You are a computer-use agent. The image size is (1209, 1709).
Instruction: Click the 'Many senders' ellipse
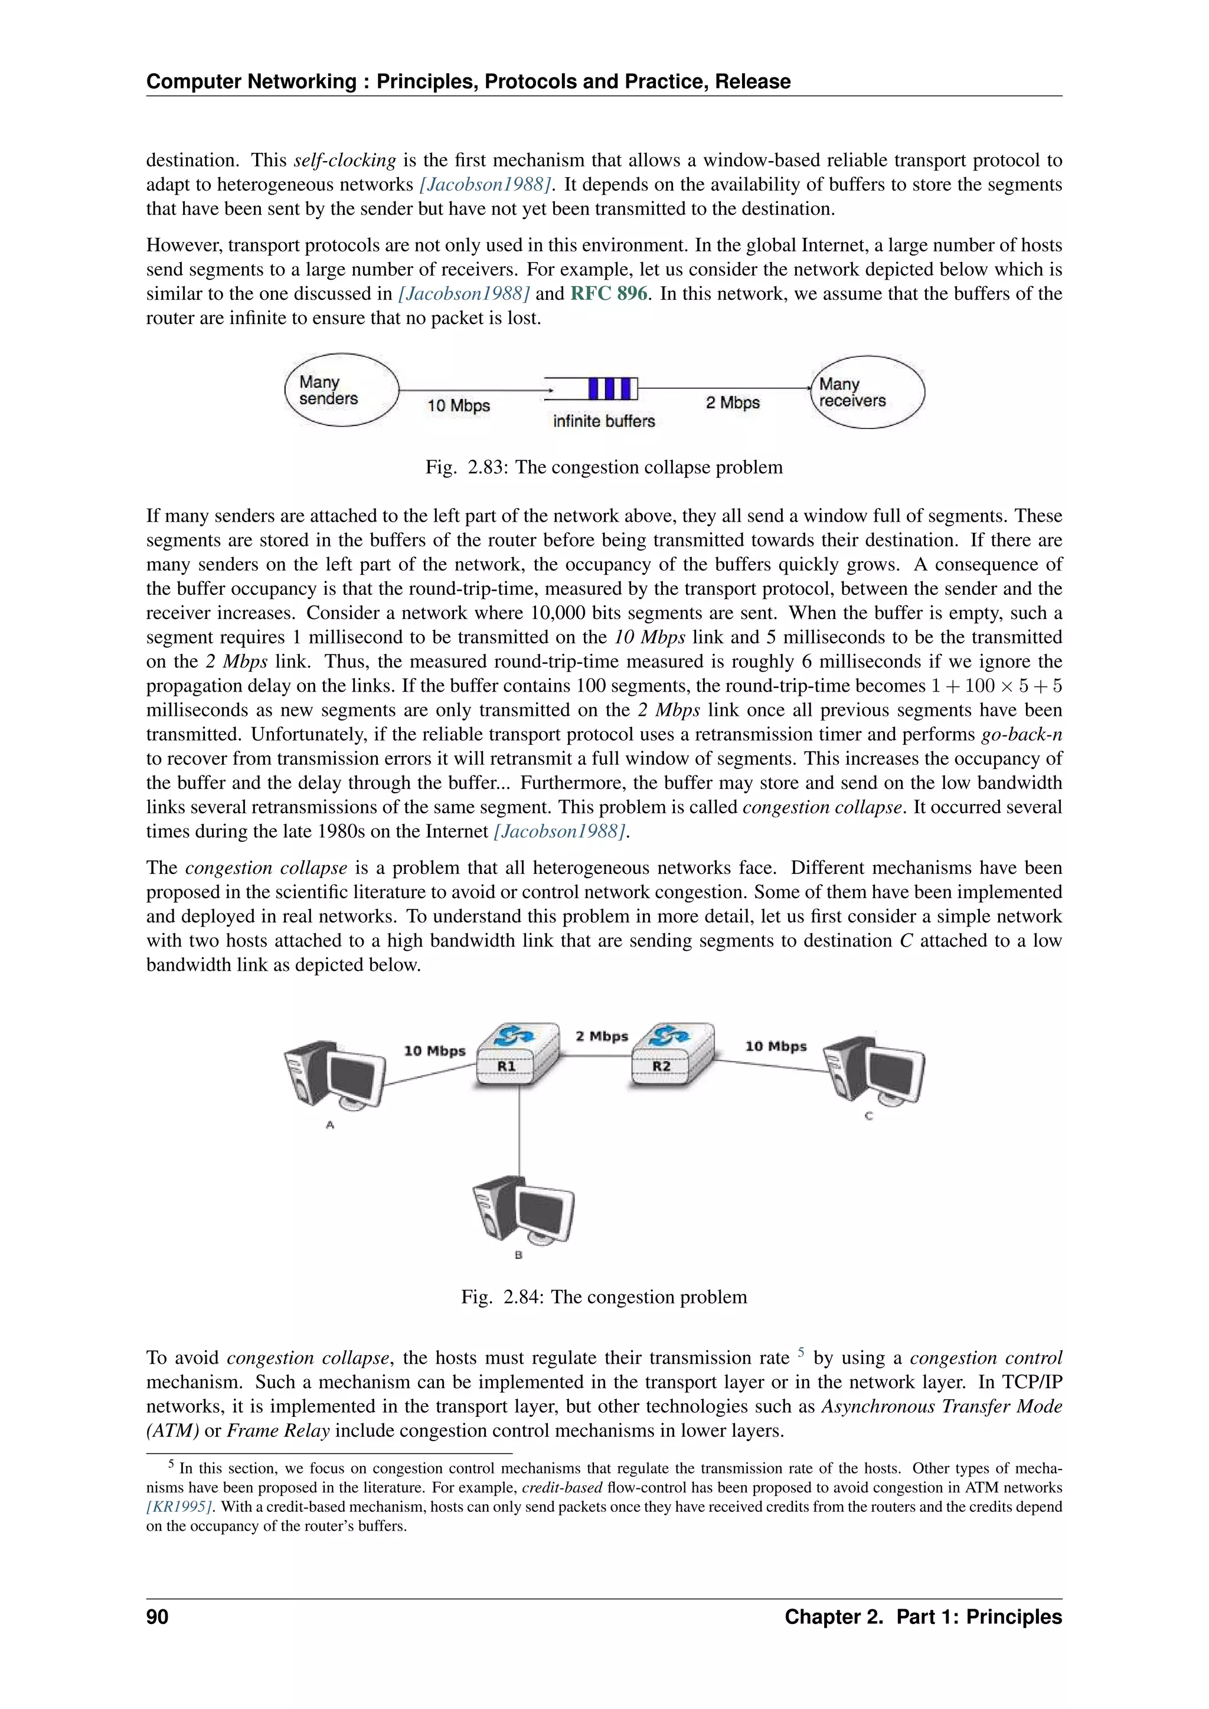point(342,390)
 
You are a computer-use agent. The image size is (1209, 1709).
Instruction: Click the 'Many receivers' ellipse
point(867,392)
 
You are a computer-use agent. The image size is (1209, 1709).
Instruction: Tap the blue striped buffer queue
point(613,388)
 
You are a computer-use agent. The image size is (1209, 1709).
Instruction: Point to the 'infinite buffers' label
point(604,421)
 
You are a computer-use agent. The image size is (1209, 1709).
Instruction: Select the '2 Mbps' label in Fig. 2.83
point(733,402)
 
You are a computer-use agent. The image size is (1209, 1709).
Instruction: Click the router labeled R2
point(671,1056)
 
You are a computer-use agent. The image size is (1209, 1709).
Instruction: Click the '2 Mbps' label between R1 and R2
point(602,1036)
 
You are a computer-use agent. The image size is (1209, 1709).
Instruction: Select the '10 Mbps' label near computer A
point(434,1050)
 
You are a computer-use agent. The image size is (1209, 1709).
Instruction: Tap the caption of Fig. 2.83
point(604,467)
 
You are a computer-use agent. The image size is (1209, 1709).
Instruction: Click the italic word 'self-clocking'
point(345,160)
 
